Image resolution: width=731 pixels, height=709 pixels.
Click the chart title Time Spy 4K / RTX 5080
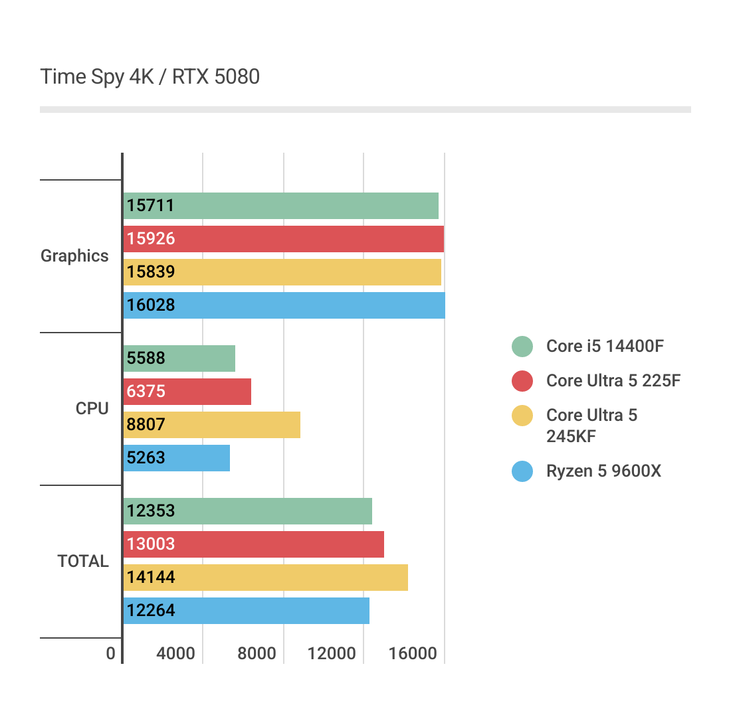click(150, 77)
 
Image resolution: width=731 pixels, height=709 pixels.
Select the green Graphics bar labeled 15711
click(280, 206)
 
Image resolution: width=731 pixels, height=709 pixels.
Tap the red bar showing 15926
click(283, 239)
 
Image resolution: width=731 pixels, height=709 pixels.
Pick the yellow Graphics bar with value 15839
click(282, 272)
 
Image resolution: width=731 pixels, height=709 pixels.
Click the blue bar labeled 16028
click(284, 305)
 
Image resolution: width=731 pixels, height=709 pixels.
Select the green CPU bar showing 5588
click(179, 358)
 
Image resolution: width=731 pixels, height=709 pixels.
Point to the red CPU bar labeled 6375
click(187, 392)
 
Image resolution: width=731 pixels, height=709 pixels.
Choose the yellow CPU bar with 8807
click(211, 425)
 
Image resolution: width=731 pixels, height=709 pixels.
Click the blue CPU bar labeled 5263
click(176, 458)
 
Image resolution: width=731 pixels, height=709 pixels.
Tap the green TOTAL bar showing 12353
click(247, 511)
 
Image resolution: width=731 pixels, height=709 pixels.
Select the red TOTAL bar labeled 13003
click(253, 544)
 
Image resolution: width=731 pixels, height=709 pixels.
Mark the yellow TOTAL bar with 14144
click(265, 578)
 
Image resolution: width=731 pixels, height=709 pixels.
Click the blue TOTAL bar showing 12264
click(246, 611)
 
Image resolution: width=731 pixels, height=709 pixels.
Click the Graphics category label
click(74, 256)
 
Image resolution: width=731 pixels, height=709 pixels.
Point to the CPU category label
click(92, 408)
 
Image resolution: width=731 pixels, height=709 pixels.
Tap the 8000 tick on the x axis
click(257, 654)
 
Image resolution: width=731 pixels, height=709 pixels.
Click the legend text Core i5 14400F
click(605, 346)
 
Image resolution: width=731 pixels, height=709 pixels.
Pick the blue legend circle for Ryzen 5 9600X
click(522, 471)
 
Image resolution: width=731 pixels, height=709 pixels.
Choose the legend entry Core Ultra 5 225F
click(613, 380)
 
